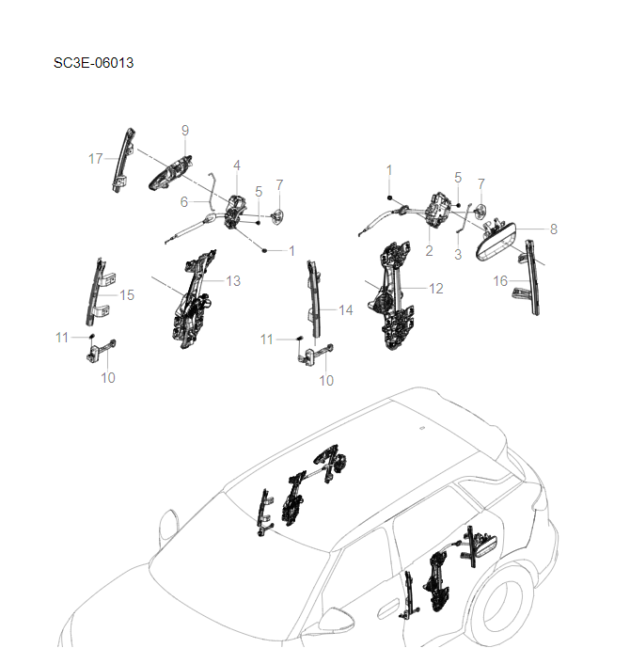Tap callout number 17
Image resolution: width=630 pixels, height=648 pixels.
click(96, 159)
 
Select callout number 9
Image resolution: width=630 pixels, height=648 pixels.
click(185, 129)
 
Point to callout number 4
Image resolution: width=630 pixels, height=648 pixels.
click(237, 166)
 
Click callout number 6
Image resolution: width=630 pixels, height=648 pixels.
click(184, 201)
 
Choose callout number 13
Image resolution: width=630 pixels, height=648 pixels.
click(233, 280)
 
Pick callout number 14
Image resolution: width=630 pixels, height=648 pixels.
click(345, 309)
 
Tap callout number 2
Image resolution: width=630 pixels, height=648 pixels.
click(429, 251)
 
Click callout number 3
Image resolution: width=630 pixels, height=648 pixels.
click(458, 254)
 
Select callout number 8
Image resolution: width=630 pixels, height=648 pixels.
click(553, 229)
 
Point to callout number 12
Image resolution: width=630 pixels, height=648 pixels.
click(436, 289)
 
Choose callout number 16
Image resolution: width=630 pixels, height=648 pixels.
click(500, 280)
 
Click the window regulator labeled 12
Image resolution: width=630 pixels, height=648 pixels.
click(396, 296)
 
